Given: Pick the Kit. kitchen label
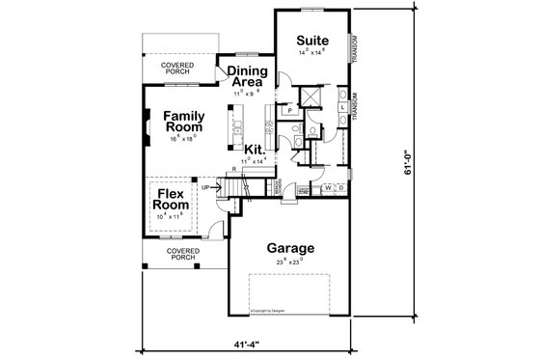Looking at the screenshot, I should (x=255, y=150).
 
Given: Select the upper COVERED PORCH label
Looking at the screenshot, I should (x=177, y=68).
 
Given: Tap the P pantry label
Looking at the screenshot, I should (x=290, y=112).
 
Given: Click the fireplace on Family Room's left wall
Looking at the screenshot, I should (x=146, y=125).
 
